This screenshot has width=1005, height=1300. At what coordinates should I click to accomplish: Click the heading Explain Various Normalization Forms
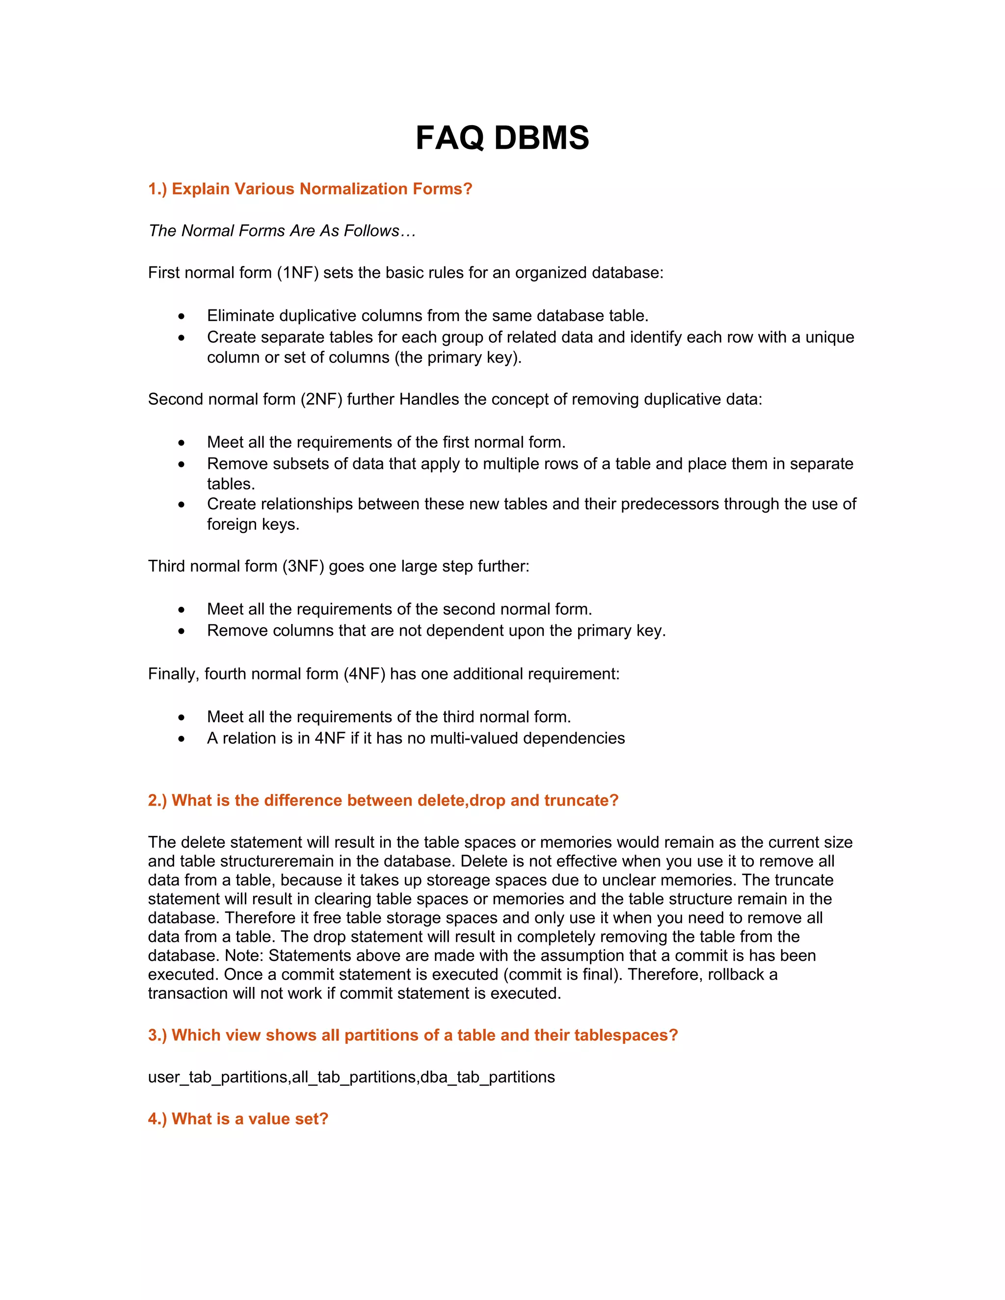[x=310, y=189]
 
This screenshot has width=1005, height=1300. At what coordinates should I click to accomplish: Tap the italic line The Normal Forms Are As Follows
[x=282, y=231]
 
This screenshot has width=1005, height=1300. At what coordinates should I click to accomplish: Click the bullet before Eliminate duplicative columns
[x=181, y=316]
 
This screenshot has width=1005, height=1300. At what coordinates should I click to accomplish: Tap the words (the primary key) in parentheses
[x=457, y=357]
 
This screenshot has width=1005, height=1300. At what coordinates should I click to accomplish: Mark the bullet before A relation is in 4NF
[x=181, y=739]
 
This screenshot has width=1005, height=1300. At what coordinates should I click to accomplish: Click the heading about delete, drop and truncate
[x=383, y=800]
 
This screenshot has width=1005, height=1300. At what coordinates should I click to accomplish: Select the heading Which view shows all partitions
[x=413, y=1035]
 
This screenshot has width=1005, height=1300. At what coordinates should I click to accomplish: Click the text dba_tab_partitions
[x=488, y=1077]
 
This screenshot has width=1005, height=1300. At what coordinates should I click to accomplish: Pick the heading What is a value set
[x=238, y=1118]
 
